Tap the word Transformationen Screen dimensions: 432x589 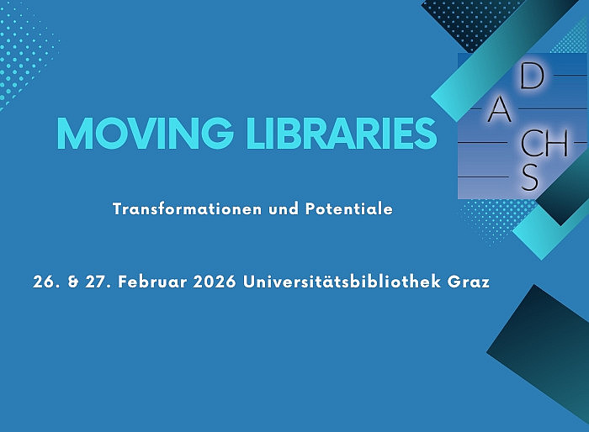click(170, 208)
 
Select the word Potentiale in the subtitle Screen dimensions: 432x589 click(352, 208)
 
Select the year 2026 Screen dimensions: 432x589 click(213, 282)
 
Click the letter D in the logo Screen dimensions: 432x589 click(531, 76)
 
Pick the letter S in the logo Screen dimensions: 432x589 click(529, 178)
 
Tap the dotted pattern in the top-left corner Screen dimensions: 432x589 click(25, 50)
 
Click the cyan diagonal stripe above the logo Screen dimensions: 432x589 click(496, 59)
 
